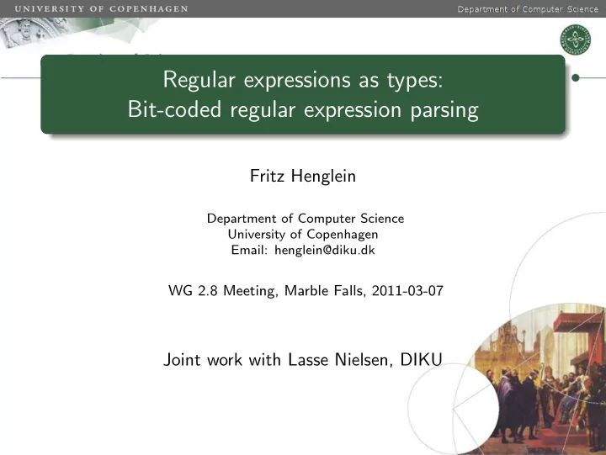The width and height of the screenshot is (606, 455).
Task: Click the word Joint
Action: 181,359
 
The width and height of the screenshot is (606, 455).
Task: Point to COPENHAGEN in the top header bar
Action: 149,8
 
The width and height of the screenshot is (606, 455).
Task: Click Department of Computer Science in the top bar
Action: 528,9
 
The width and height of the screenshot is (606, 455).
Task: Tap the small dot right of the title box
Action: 577,77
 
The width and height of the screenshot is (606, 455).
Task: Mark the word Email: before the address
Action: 250,250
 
